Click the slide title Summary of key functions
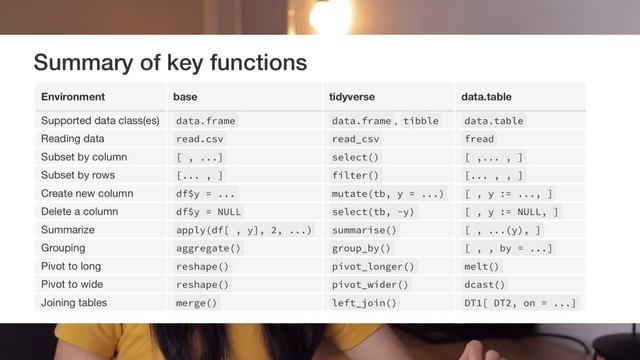coord(170,63)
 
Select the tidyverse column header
coord(351,97)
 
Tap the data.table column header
coord(488,97)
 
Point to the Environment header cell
coord(72,97)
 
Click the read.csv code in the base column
coord(203,139)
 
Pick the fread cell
coord(480,139)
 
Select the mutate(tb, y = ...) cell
coord(387,193)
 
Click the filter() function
coord(355,175)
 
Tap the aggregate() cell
coord(208,248)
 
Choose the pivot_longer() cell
coord(373,266)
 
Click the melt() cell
coord(481,266)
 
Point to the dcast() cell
coord(485,284)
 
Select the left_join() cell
coord(364,302)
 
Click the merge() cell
coord(197,302)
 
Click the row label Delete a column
coord(80,211)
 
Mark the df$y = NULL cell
coord(208,211)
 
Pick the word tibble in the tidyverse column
coord(421,121)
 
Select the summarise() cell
coord(364,230)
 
